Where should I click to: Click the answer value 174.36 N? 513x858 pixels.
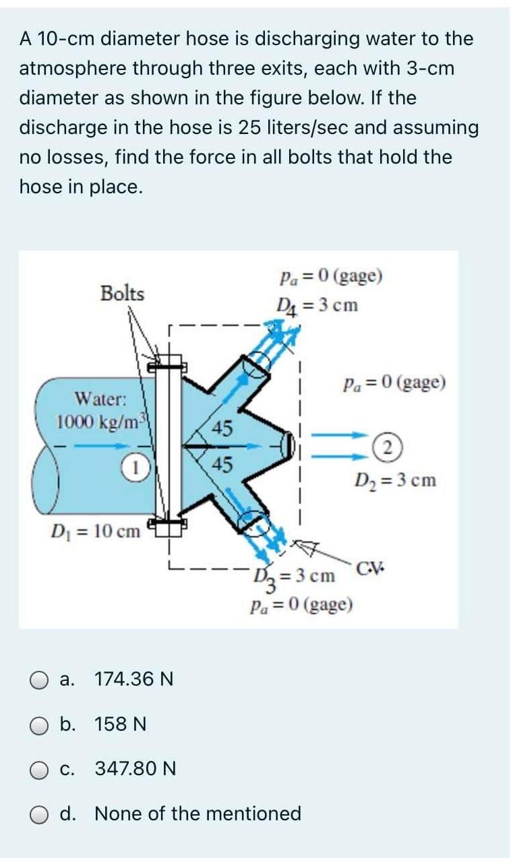[x=134, y=679]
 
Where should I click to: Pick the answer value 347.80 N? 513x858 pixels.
[x=135, y=768]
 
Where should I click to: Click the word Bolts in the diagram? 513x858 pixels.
[x=122, y=294]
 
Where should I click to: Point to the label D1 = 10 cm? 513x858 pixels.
[x=96, y=531]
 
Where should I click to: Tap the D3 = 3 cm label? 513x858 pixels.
[x=295, y=576]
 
